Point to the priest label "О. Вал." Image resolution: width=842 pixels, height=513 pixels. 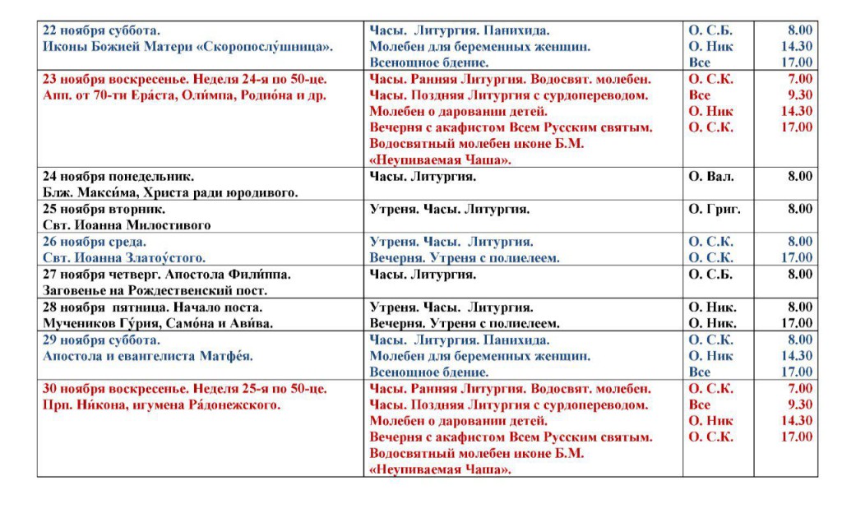710,177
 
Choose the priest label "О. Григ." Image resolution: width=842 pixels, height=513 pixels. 714,210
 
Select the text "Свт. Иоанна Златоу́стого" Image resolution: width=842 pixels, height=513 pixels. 123,258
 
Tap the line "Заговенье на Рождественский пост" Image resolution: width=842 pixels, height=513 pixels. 156,290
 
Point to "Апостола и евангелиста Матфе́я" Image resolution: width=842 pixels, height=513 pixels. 147,356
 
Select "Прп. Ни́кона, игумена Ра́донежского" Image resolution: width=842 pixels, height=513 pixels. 162,405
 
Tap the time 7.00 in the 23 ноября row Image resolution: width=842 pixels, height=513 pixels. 799,80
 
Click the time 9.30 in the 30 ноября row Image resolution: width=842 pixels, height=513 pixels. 799,405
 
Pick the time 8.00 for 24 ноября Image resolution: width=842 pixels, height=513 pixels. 799,177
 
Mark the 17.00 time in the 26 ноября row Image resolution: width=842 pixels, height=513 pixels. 796,258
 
